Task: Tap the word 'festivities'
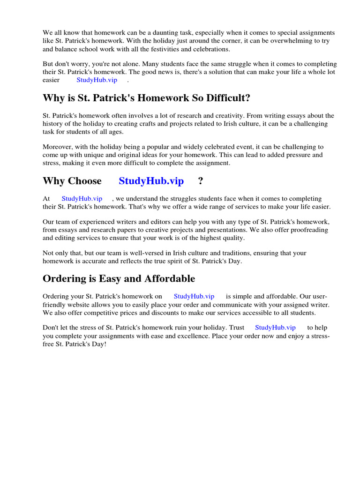pyautogui.click(x=181, y=49)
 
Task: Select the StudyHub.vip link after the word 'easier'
pyautogui.click(x=97, y=80)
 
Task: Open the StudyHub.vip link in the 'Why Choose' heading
pyautogui.click(x=151, y=181)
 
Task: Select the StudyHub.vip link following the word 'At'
pyautogui.click(x=82, y=198)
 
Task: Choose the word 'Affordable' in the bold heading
pyautogui.click(x=166, y=279)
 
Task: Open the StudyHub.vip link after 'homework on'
pyautogui.click(x=194, y=296)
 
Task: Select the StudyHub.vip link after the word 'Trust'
pyautogui.click(x=275, y=328)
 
